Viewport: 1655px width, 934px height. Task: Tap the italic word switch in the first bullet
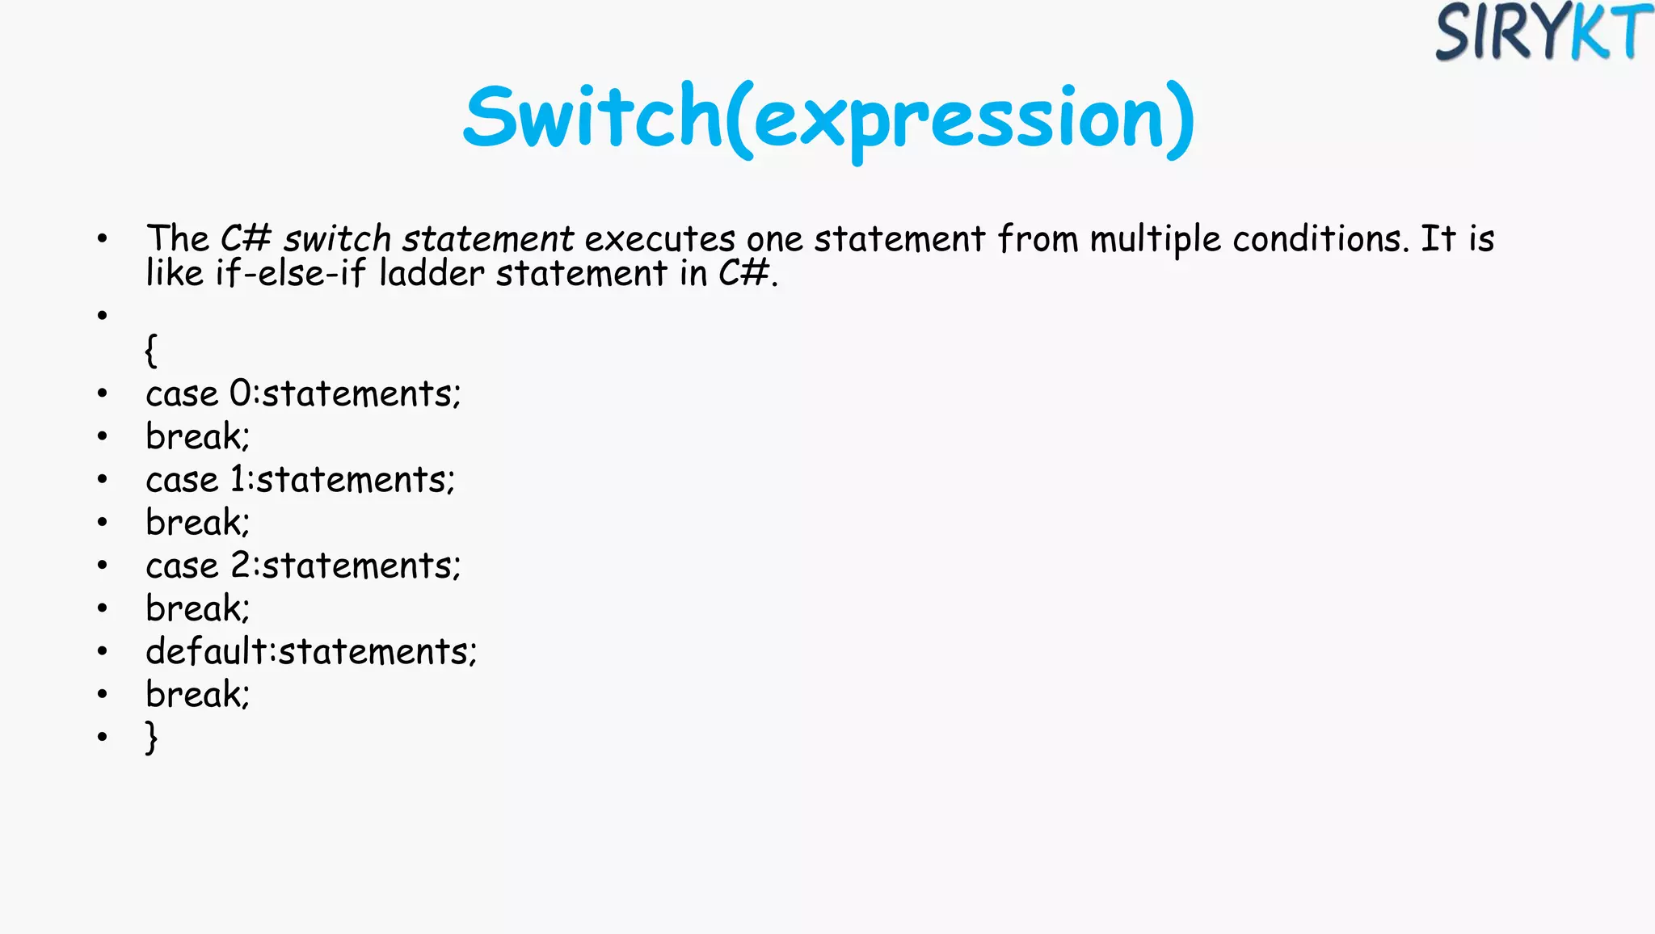337,239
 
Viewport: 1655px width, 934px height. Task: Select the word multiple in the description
1155,240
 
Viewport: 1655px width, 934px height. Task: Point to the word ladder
432,273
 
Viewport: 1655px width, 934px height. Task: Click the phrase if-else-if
290,273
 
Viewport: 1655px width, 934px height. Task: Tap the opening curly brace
151,350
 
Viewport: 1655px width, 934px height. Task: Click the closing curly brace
151,737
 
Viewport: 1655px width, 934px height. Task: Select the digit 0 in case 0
240,394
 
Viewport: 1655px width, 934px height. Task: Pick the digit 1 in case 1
238,480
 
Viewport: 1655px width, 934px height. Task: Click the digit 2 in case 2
241,566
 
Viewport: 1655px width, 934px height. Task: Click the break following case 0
197,437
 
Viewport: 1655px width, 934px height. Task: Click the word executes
659,239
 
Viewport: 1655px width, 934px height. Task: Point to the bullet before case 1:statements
102,480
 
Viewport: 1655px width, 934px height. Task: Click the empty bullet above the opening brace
102,315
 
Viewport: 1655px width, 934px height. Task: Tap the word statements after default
377,651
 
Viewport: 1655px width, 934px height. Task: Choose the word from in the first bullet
1038,239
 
